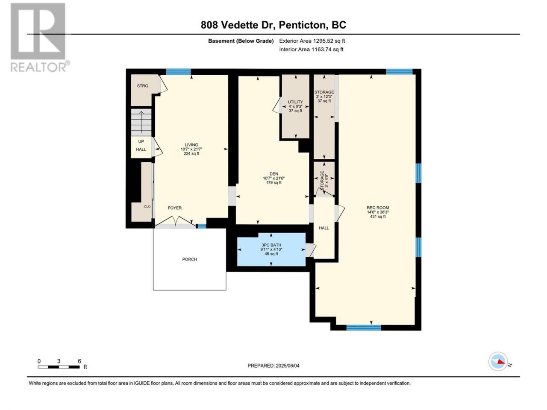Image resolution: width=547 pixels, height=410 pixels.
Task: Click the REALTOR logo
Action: (x=40, y=37)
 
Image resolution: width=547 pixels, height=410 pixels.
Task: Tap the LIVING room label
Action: (x=191, y=145)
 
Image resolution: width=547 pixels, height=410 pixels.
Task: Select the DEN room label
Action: (x=273, y=174)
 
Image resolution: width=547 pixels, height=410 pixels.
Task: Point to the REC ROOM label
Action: (x=378, y=208)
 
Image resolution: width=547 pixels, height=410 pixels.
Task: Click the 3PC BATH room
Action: (x=271, y=249)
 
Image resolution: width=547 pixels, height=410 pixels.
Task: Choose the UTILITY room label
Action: (x=295, y=102)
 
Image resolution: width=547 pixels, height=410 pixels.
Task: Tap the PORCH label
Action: (x=189, y=259)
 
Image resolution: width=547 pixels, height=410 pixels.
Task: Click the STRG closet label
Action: (x=143, y=86)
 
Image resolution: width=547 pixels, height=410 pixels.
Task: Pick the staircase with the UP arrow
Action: (x=141, y=122)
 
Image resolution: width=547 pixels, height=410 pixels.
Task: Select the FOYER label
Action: (x=175, y=208)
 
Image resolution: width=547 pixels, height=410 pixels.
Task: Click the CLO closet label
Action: (x=147, y=207)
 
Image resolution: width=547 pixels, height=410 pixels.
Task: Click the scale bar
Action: (x=59, y=367)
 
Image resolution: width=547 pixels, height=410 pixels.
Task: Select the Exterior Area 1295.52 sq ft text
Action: (x=312, y=41)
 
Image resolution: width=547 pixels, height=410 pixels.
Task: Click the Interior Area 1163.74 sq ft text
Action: (x=311, y=49)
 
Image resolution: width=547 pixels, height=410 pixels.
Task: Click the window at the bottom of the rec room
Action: (x=364, y=328)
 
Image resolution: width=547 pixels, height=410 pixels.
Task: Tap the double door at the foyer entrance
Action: (x=176, y=222)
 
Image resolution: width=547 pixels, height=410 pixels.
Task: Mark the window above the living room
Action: (x=179, y=72)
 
